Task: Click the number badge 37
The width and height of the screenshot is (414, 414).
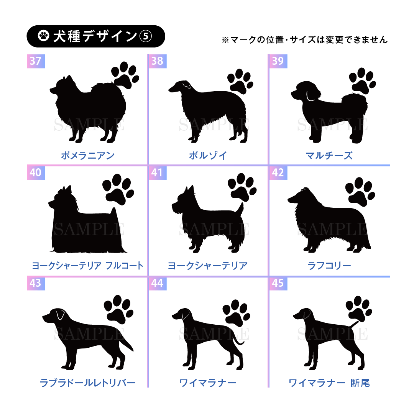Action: (36, 61)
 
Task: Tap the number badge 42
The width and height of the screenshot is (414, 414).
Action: (278, 173)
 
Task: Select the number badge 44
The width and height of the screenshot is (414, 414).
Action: (158, 283)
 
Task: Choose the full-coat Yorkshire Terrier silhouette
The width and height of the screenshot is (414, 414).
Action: (87, 219)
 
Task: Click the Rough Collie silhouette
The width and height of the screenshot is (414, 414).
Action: (329, 220)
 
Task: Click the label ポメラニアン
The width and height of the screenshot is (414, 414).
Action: (88, 156)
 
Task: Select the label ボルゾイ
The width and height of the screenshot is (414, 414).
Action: (208, 156)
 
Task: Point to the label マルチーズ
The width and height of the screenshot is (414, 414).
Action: (329, 156)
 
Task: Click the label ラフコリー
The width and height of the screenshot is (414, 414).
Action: (329, 265)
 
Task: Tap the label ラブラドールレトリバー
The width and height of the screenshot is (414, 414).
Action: (88, 383)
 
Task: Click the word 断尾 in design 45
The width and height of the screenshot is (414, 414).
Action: (360, 383)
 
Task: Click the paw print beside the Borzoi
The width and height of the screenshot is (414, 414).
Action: (240, 81)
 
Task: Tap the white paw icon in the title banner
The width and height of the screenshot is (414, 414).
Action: (44, 36)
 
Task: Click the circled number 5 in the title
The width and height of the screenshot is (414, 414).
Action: (146, 36)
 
